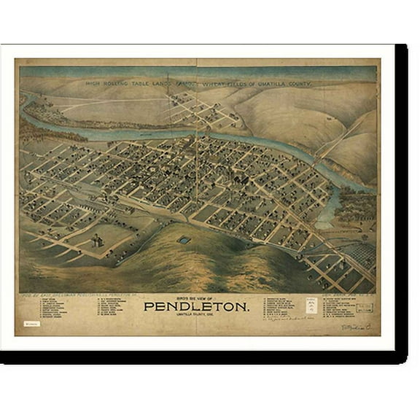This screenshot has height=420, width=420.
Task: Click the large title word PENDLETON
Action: (x=196, y=306)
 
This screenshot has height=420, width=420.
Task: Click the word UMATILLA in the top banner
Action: (x=270, y=83)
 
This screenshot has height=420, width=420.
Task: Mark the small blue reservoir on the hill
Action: (x=184, y=239)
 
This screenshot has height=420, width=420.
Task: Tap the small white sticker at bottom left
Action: (x=31, y=322)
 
